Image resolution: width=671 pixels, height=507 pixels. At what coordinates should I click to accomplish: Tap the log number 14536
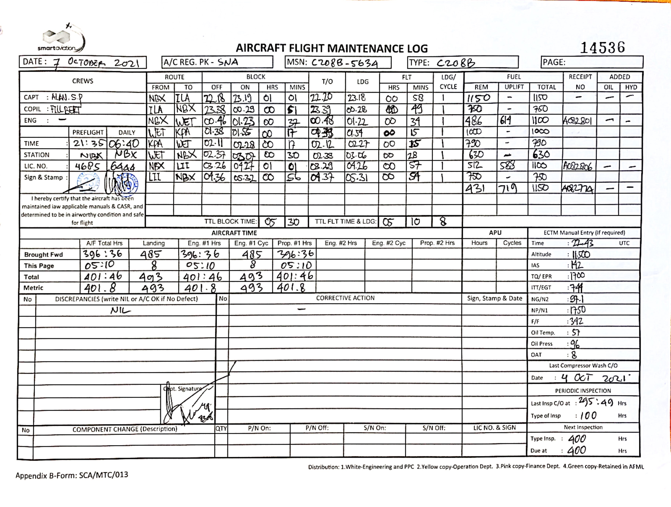click(x=602, y=48)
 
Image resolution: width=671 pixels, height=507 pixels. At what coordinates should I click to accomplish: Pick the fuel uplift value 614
click(x=506, y=121)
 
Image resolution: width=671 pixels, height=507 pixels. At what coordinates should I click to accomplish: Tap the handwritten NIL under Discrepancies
click(x=120, y=310)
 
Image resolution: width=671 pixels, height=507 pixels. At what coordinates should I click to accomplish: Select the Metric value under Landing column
click(x=153, y=288)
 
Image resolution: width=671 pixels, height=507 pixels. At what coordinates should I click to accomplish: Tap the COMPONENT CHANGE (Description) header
click(x=125, y=429)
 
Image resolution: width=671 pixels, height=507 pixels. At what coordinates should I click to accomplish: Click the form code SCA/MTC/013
click(x=103, y=475)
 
